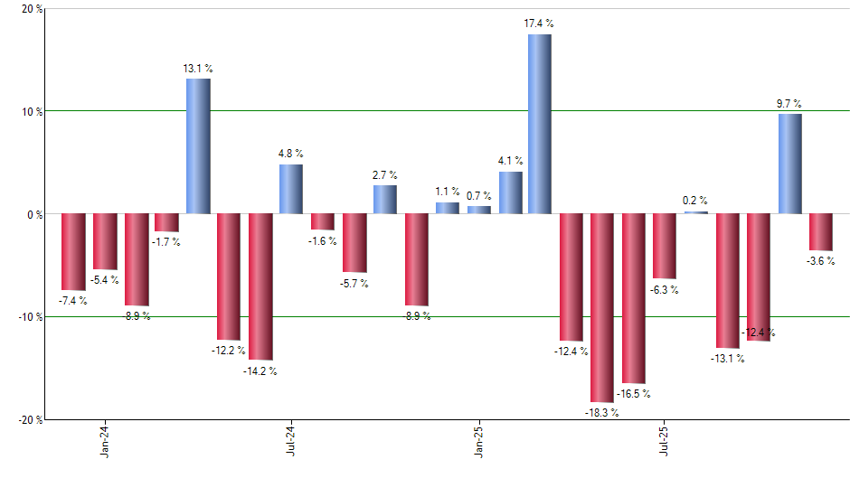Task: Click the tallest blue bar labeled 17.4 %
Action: pos(540,124)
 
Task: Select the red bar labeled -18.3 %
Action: pos(602,308)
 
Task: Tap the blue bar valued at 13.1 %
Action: pos(198,146)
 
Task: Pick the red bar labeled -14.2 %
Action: pos(260,286)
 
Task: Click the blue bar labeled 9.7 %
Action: pos(789,164)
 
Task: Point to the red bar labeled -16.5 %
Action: pos(633,298)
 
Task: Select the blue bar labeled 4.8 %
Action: pos(291,189)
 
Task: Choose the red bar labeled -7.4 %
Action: pos(73,252)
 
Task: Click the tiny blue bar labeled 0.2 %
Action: pos(695,212)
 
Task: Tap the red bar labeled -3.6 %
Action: pos(820,232)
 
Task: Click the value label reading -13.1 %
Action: pos(727,359)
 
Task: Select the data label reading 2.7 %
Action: pos(384,175)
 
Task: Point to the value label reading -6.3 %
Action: pos(664,290)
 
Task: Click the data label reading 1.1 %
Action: pos(447,192)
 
